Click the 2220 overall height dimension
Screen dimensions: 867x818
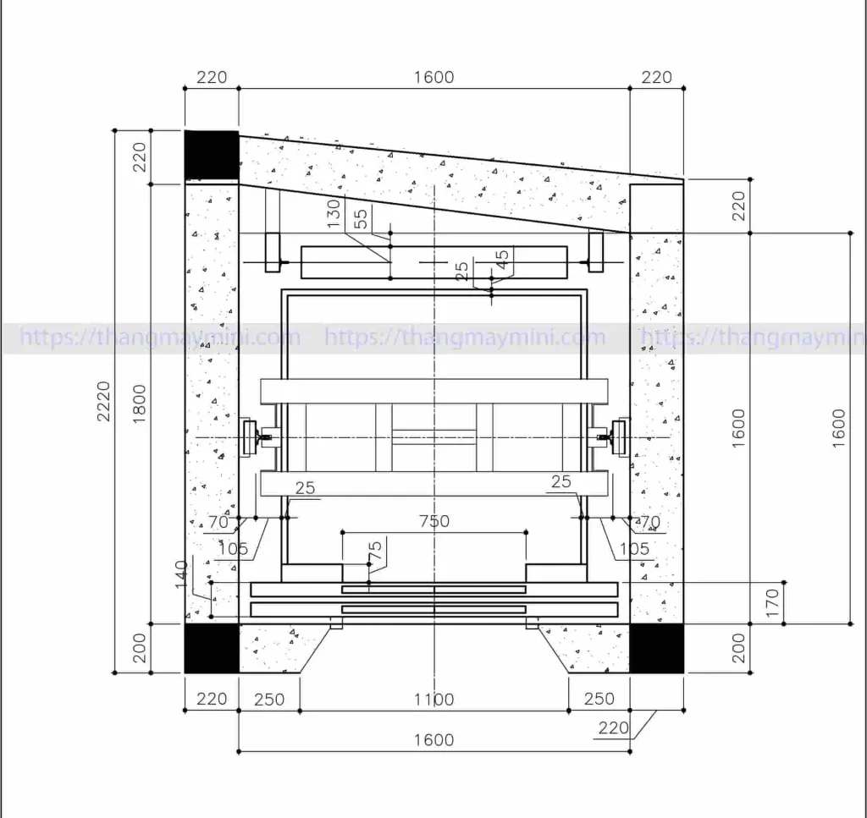point(103,401)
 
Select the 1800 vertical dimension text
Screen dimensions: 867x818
point(140,404)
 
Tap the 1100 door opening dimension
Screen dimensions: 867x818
point(434,700)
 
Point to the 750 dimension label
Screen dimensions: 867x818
point(434,521)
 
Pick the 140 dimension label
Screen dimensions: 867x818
point(181,574)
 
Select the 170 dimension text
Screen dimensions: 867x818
point(772,602)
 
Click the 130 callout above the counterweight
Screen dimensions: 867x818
point(334,213)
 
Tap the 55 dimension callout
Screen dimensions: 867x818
point(361,219)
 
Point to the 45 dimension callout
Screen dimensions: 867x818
point(501,259)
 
